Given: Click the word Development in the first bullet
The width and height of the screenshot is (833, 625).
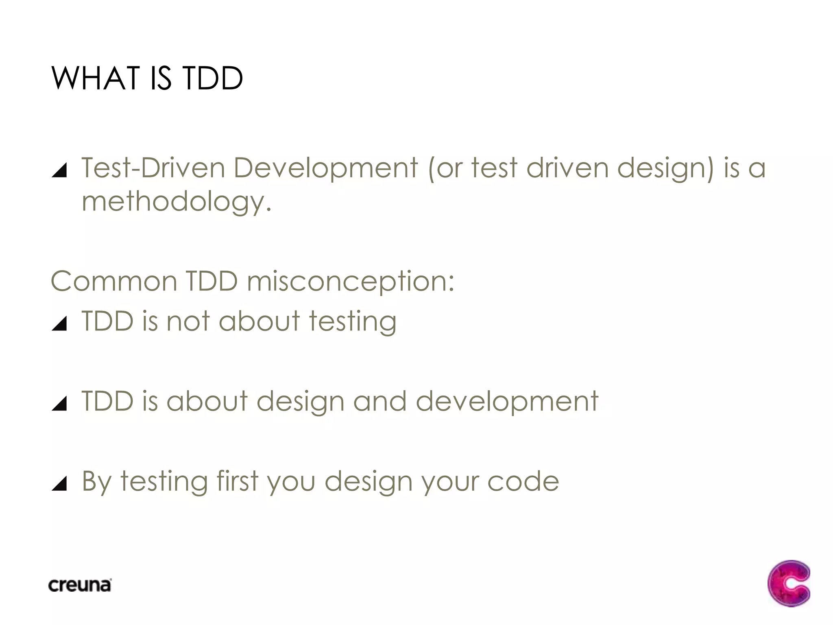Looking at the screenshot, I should click(x=325, y=168).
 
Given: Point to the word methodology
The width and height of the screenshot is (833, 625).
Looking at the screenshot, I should click(x=177, y=202).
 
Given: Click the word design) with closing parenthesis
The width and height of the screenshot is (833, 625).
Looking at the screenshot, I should click(x=665, y=168).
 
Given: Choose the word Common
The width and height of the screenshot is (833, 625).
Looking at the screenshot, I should click(x=114, y=281).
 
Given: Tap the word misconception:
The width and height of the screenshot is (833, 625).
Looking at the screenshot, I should click(x=351, y=282).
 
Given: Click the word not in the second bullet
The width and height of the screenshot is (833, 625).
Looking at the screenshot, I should click(x=188, y=321).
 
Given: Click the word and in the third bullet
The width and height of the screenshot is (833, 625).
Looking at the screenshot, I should click(x=379, y=401).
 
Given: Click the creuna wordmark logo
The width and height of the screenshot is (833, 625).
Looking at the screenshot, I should click(x=80, y=585).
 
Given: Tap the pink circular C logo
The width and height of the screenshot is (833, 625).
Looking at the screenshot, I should click(x=789, y=583).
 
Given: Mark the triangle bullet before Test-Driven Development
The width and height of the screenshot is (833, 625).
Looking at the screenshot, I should click(x=60, y=170).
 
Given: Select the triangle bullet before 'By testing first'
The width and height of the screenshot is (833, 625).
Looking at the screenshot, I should click(x=60, y=484).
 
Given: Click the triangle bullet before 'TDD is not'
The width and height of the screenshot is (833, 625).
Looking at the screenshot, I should click(x=60, y=323).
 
